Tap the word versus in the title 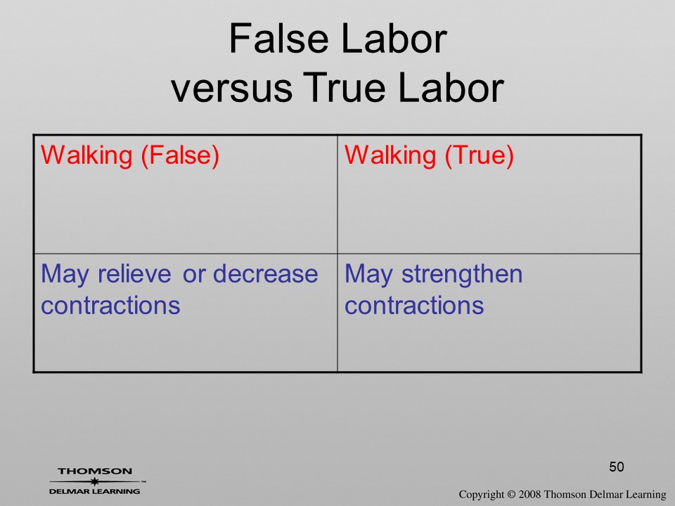pos(231,88)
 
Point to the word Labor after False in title pos(394,38)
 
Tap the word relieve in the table pos(134,273)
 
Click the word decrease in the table pos(265,273)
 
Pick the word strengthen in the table pos(462,275)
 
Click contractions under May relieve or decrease pos(110,306)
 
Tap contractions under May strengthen pos(415,306)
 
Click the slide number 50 pos(617,467)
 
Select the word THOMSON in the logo pos(95,471)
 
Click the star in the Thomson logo pos(95,481)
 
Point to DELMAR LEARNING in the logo pos(95,491)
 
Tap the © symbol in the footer pos(511,494)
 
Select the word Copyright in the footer pos(482,495)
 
